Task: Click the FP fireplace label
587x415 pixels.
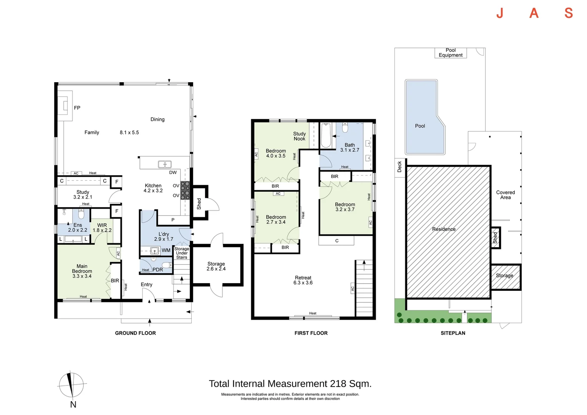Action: pyautogui.click(x=77, y=108)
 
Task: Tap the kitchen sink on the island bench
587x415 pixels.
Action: pyautogui.click(x=165, y=164)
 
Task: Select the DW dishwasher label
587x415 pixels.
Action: pyautogui.click(x=173, y=173)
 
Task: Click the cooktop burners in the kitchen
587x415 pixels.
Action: pyautogui.click(x=185, y=191)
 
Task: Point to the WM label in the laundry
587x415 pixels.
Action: pyautogui.click(x=166, y=251)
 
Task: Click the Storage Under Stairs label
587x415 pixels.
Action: pyautogui.click(x=182, y=253)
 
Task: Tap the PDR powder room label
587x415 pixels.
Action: pyautogui.click(x=158, y=269)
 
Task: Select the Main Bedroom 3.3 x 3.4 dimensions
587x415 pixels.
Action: pyautogui.click(x=82, y=276)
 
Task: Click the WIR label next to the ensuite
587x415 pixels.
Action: pyautogui.click(x=102, y=225)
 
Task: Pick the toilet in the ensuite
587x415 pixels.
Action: pyautogui.click(x=81, y=214)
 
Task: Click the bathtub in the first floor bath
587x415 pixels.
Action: pyautogui.click(x=326, y=135)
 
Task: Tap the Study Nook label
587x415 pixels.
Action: pyautogui.click(x=299, y=136)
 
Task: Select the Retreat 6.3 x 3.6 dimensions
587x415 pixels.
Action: pyautogui.click(x=303, y=282)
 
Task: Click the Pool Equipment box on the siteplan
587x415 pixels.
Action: pyautogui.click(x=451, y=53)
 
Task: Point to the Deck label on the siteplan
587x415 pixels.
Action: pyautogui.click(x=400, y=167)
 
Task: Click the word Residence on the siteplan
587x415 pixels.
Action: pyautogui.click(x=444, y=229)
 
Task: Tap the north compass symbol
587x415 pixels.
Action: pyautogui.click(x=71, y=385)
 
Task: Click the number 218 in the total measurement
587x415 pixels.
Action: pyautogui.click(x=338, y=384)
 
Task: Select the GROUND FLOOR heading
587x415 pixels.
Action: pyautogui.click(x=136, y=333)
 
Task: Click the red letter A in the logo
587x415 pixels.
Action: pyautogui.click(x=534, y=13)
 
